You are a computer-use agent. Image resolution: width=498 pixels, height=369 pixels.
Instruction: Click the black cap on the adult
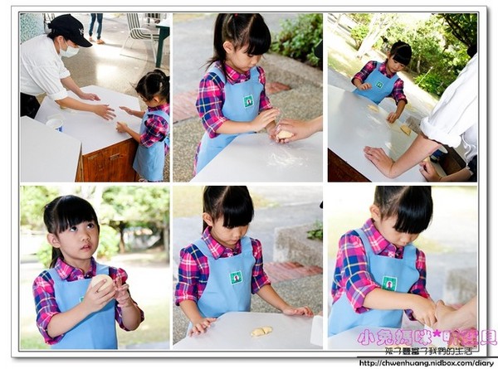71,29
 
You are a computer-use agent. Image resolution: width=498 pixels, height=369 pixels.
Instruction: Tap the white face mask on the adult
70,51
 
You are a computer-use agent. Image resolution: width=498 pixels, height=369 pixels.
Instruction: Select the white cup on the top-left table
55,124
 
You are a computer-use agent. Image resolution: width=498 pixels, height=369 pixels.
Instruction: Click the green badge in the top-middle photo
247,101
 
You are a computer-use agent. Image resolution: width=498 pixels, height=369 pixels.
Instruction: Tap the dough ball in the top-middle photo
285,134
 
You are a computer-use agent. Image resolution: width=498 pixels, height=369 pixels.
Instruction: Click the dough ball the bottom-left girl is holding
101,283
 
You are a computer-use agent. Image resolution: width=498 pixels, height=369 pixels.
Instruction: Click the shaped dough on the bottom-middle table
261,331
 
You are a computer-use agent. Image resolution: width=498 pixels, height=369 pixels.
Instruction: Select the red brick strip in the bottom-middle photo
290,271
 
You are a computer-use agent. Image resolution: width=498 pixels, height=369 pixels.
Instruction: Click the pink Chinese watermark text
425,337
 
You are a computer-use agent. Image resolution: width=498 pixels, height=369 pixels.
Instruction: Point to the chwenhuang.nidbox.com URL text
427,362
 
